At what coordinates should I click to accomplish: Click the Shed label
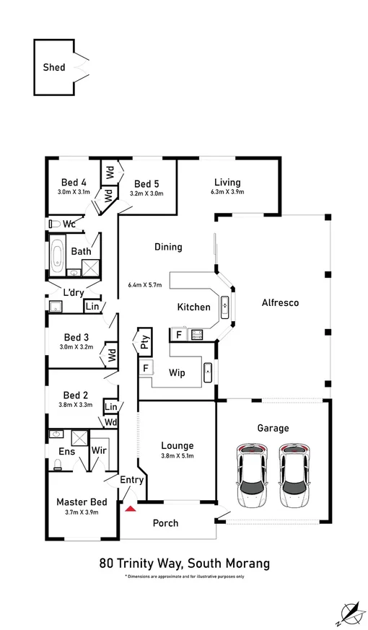point(54,67)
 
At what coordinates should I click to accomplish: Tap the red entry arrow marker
point(131,508)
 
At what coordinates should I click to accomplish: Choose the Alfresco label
point(280,303)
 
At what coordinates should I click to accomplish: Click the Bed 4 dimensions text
point(74,192)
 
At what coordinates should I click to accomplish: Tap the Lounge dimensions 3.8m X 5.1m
point(177,456)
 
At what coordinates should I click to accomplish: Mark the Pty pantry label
point(145,341)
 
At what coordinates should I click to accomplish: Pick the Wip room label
point(178,374)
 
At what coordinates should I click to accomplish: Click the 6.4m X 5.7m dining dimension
point(144,284)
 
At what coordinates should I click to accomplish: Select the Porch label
point(167,523)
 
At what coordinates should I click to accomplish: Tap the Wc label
point(69,224)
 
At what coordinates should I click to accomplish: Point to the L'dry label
point(73,292)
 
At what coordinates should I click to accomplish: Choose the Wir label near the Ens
point(99,451)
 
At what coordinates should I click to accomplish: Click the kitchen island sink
point(225,306)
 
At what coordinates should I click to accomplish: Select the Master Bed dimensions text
point(82,512)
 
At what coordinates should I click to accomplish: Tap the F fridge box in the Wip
point(146,368)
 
